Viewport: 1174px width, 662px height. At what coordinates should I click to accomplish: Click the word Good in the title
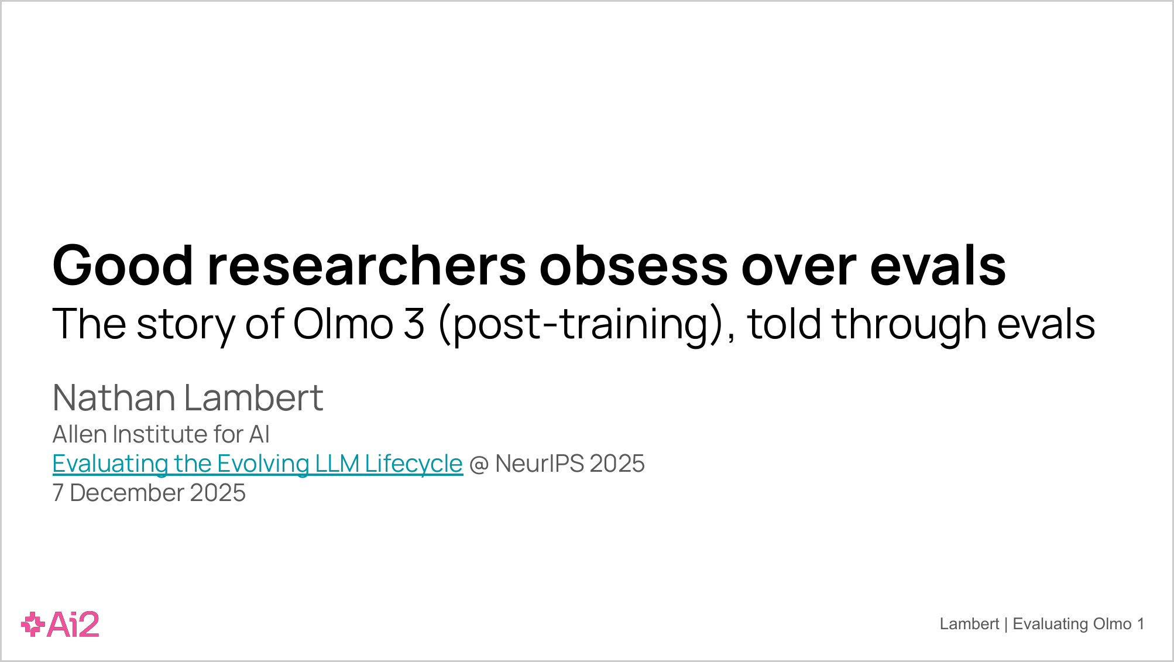tap(123, 265)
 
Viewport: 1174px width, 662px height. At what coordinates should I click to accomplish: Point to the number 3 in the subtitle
tap(414, 324)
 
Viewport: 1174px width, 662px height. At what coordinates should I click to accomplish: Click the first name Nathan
tap(114, 397)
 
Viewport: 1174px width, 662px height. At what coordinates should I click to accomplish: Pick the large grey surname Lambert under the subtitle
tap(254, 397)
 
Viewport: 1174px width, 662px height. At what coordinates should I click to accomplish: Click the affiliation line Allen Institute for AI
tap(161, 434)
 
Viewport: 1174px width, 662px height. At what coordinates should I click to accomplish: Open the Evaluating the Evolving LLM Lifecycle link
tap(258, 464)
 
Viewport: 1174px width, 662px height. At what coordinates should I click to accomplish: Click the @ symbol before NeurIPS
tap(479, 464)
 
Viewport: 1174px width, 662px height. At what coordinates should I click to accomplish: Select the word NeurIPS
tap(540, 464)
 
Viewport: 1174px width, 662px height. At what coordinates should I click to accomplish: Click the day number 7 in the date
tap(58, 493)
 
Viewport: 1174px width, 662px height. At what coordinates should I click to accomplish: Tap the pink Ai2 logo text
tap(73, 625)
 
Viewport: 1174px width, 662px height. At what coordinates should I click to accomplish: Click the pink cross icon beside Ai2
tap(33, 625)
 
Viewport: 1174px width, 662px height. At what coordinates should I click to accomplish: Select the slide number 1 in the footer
tap(1141, 624)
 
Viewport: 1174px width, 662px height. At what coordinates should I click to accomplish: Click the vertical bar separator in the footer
tap(1006, 625)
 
